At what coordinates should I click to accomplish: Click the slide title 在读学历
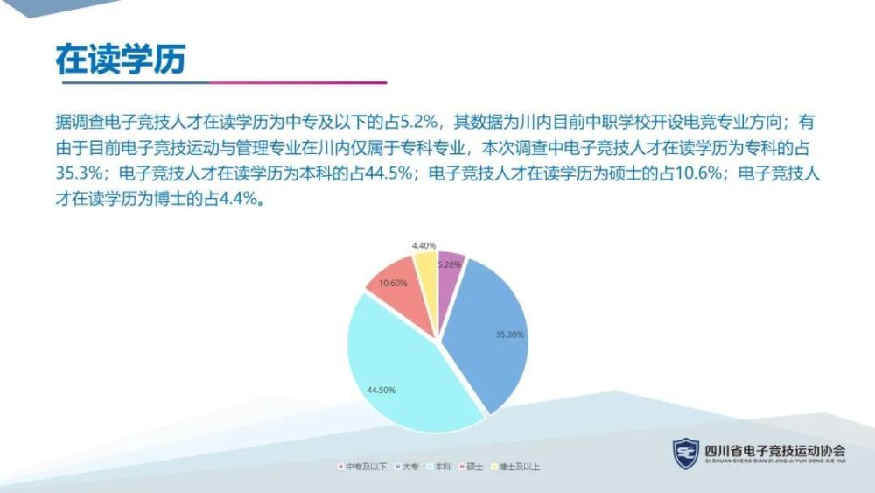coord(121,60)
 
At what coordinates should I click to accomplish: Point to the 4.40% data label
coord(423,246)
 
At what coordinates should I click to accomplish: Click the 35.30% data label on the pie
coord(510,335)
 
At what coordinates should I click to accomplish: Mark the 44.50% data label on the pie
coord(381,390)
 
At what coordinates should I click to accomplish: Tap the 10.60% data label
coord(393,283)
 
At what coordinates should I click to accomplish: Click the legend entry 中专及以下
coord(362,466)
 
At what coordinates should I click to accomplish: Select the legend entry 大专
coord(407,466)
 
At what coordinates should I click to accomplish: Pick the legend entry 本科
coord(439,466)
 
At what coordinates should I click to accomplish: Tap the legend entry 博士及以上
coord(515,466)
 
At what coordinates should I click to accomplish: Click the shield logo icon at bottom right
coord(686,454)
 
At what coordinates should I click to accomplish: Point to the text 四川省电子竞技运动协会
coord(775,450)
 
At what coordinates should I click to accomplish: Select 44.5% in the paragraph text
coord(388,173)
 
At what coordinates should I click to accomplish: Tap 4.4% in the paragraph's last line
coord(239,199)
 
